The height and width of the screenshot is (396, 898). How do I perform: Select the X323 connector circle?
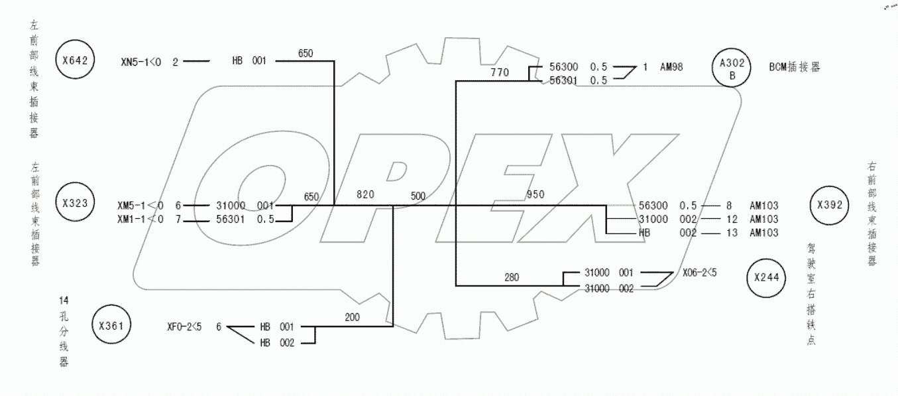(x=75, y=203)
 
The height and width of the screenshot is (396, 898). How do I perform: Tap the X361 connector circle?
(x=111, y=326)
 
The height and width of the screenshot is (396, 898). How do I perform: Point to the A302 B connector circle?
(x=732, y=69)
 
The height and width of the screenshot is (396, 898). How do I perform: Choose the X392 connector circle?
(x=830, y=205)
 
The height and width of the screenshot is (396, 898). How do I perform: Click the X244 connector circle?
(x=766, y=278)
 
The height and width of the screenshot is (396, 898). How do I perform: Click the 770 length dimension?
(x=500, y=72)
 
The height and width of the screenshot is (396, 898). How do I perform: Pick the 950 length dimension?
(x=535, y=194)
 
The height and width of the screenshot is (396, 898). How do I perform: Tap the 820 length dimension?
(x=365, y=194)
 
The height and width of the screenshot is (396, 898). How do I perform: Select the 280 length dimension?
(x=512, y=277)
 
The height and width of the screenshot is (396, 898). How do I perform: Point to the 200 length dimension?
(x=352, y=318)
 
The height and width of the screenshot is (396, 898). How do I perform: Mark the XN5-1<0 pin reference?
(x=140, y=62)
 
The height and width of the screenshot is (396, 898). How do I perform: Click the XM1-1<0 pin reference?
(x=140, y=219)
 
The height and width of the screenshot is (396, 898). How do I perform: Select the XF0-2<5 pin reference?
(x=184, y=327)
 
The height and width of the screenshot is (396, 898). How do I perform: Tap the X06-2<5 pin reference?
(x=700, y=272)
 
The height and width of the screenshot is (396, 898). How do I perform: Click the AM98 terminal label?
(x=671, y=67)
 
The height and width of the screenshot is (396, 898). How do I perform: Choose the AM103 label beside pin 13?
(x=763, y=233)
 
